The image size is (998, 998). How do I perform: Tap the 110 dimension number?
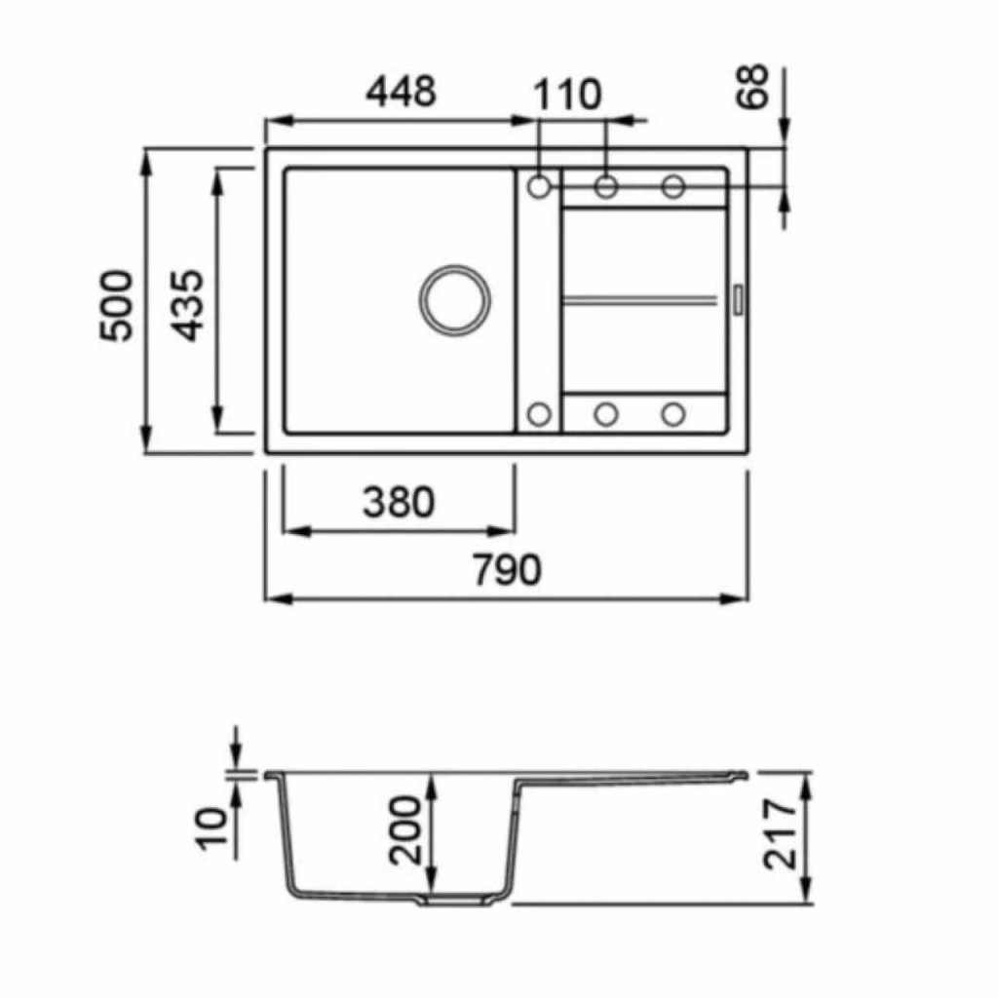(566, 95)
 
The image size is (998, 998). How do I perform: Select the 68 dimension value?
(752, 87)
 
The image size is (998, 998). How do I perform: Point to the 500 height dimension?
(117, 305)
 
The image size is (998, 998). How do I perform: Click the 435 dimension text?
(188, 305)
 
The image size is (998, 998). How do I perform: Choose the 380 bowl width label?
(399, 502)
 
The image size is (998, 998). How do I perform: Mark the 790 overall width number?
(507, 569)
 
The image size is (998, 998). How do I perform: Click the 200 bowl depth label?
(405, 830)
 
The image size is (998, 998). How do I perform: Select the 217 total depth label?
(781, 834)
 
